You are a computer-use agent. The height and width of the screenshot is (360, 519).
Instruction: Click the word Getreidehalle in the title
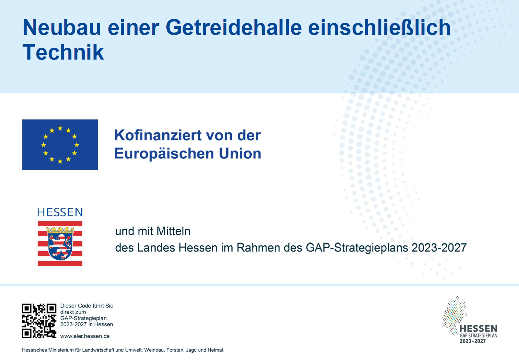coord(234,28)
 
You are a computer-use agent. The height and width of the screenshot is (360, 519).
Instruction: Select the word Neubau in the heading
coord(62,28)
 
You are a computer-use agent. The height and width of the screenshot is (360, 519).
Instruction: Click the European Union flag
coord(60,145)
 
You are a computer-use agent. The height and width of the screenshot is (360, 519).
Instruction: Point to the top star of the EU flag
coord(60,128)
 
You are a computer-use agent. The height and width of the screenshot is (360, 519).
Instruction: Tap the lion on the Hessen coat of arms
coord(60,246)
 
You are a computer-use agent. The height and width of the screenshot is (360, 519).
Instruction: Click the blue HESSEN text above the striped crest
coord(60,212)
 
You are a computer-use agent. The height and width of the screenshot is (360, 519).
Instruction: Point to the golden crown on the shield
coord(60,230)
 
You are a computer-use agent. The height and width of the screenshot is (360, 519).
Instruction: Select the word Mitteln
coord(173,231)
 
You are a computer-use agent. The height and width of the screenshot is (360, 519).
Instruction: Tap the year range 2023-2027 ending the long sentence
coord(439,248)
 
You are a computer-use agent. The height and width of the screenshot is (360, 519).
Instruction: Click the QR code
coord(39,321)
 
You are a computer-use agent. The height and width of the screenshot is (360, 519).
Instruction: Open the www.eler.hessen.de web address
coord(85,336)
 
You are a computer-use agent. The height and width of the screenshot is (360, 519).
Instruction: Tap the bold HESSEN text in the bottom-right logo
coord(478,329)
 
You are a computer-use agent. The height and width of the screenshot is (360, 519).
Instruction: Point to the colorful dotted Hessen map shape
coord(454,316)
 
